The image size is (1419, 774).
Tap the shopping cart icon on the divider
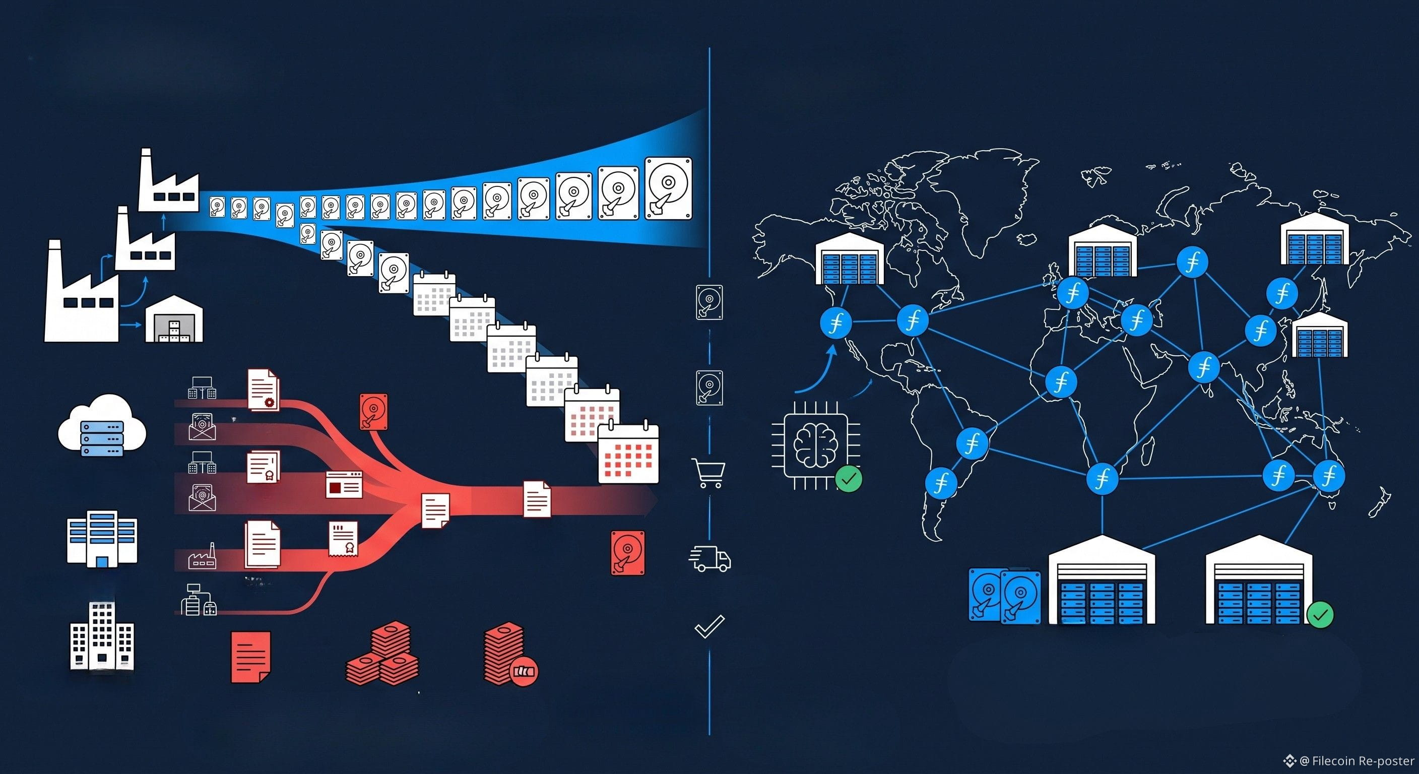(x=708, y=473)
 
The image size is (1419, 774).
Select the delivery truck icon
(x=709, y=559)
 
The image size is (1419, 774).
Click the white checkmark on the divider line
(x=709, y=626)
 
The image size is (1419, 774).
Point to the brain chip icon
(x=816, y=445)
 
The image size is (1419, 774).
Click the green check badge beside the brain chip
(x=848, y=479)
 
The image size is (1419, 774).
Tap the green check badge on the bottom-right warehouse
(x=1320, y=614)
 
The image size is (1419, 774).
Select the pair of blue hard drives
(x=1005, y=596)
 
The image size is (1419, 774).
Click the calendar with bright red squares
(x=628, y=454)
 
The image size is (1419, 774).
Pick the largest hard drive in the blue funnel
(x=668, y=188)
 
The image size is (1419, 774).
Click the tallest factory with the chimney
(x=82, y=291)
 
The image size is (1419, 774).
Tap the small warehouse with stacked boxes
(x=173, y=318)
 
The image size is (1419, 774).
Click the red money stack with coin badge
(x=509, y=656)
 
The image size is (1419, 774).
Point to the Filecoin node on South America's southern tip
(x=941, y=483)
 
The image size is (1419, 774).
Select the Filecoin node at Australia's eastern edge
(x=1329, y=476)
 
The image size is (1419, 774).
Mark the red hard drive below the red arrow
(x=627, y=553)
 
